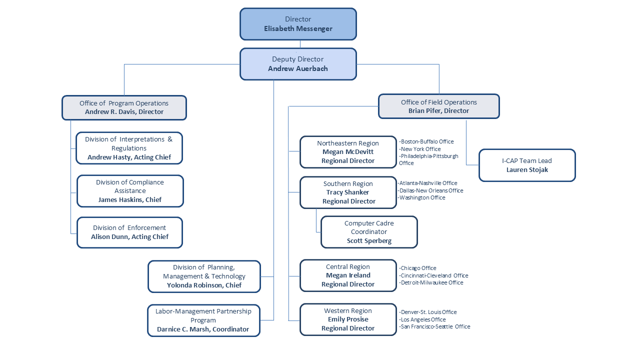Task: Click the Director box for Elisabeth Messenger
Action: [x=298, y=24]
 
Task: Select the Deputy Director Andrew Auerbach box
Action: [x=298, y=64]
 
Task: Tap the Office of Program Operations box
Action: [x=124, y=107]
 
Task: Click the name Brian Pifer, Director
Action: [x=438, y=111]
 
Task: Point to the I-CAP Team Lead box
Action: [x=527, y=165]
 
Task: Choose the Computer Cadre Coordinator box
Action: [x=369, y=232]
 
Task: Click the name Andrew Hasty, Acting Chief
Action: [x=129, y=157]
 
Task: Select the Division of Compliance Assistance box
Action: [x=130, y=190]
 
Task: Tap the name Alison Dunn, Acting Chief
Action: [x=129, y=237]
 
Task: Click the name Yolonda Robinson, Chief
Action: [x=204, y=285]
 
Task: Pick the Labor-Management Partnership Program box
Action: [x=203, y=320]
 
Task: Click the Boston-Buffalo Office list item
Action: [x=426, y=141]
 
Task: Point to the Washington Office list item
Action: [x=422, y=197]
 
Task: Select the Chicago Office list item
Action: [x=418, y=268]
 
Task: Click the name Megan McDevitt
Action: [x=348, y=152]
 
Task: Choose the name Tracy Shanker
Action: [x=347, y=192]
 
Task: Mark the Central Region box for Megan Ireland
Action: [x=348, y=275]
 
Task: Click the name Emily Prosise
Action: [x=348, y=319]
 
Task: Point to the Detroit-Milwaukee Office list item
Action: [x=431, y=282]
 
